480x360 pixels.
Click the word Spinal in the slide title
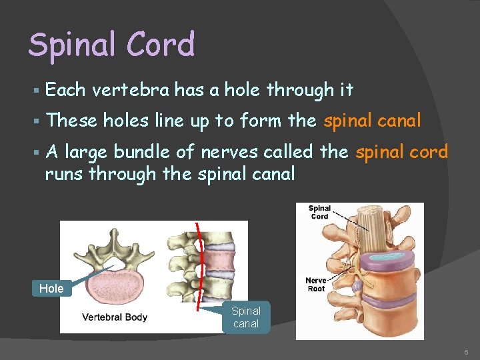coord(69,45)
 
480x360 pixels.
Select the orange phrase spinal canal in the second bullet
coord(372,121)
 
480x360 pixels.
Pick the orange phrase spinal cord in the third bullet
coord(401,152)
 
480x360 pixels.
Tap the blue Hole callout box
coord(51,288)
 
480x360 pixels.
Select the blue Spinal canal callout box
coord(246,317)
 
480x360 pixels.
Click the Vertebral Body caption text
coord(114,317)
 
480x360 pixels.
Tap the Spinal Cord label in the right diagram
coord(319,212)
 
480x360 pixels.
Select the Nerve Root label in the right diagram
coord(316,284)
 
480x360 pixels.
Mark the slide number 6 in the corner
coord(467,351)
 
